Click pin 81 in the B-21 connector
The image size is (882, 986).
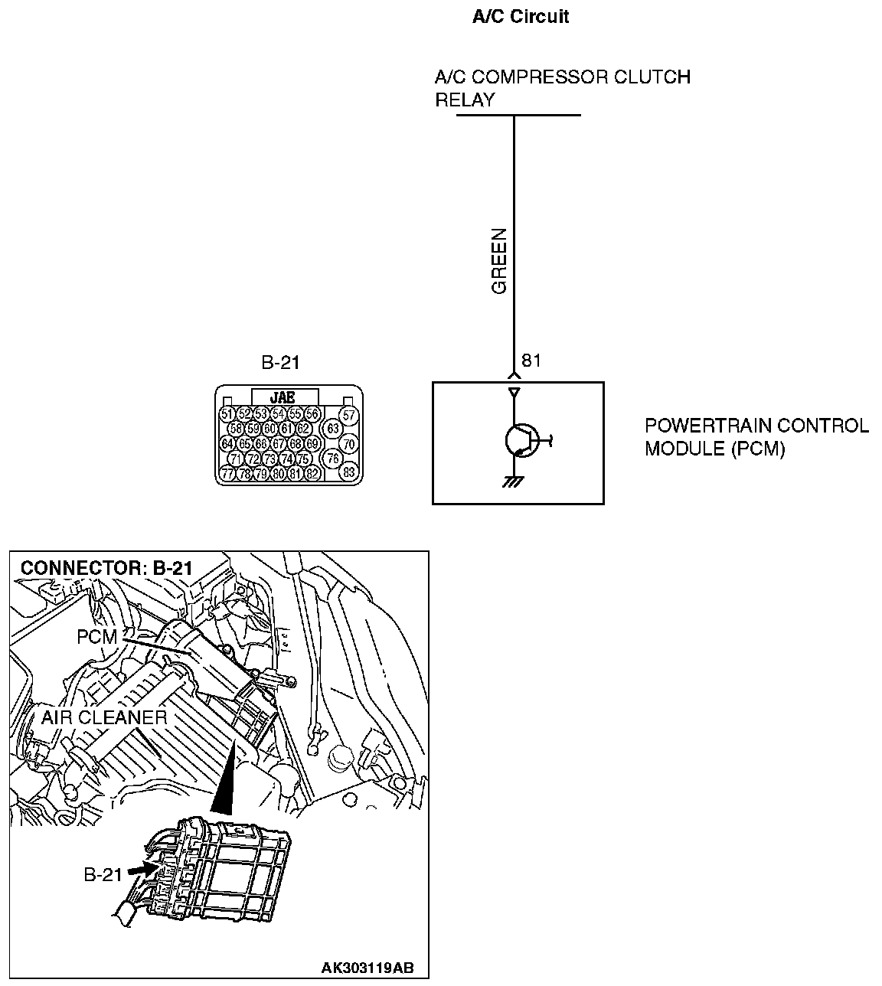click(x=295, y=473)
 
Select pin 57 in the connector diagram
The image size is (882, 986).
click(x=349, y=415)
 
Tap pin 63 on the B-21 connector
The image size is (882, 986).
click(x=332, y=428)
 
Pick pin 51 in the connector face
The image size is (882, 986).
click(x=226, y=414)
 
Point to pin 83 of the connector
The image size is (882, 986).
click(x=349, y=472)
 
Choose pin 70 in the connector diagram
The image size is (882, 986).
click(x=349, y=443)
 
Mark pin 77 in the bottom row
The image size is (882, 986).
click(x=227, y=473)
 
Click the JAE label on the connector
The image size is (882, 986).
click(x=283, y=397)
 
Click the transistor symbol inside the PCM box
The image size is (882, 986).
click(x=520, y=440)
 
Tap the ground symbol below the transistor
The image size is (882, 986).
click(x=514, y=482)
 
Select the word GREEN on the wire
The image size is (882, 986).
click(x=499, y=261)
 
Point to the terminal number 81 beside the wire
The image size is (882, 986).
click(x=531, y=361)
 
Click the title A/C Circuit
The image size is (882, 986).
click(x=521, y=17)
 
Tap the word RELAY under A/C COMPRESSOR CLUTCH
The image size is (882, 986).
click(x=465, y=100)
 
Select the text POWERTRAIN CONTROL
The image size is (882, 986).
click(x=756, y=426)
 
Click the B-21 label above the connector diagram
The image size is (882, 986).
click(x=280, y=363)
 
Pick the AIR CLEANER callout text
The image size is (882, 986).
click(x=104, y=717)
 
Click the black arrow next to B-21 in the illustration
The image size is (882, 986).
click(x=141, y=870)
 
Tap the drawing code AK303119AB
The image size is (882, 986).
click(x=367, y=968)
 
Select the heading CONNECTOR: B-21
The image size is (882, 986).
click(x=106, y=568)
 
